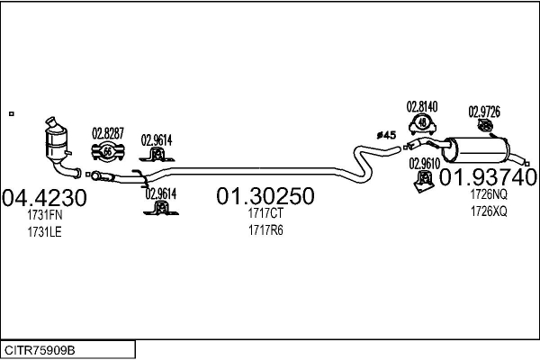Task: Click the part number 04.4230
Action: tap(44, 198)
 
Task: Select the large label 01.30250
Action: tap(265, 195)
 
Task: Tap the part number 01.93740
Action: tap(488, 177)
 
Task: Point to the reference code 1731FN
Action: tap(45, 215)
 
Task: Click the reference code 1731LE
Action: tap(45, 232)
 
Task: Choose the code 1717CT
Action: tap(265, 213)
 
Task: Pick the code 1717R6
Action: tap(265, 230)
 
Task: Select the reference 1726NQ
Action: tap(489, 194)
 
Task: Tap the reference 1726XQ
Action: tap(489, 211)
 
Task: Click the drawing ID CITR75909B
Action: tap(40, 350)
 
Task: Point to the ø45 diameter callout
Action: tap(386, 135)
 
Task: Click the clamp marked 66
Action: tap(108, 151)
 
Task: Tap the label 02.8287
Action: tap(108, 133)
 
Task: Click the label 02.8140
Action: tap(422, 107)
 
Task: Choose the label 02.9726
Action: tap(484, 112)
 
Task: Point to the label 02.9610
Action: tap(424, 164)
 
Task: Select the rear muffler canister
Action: tap(476, 150)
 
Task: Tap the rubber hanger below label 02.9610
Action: tap(424, 181)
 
